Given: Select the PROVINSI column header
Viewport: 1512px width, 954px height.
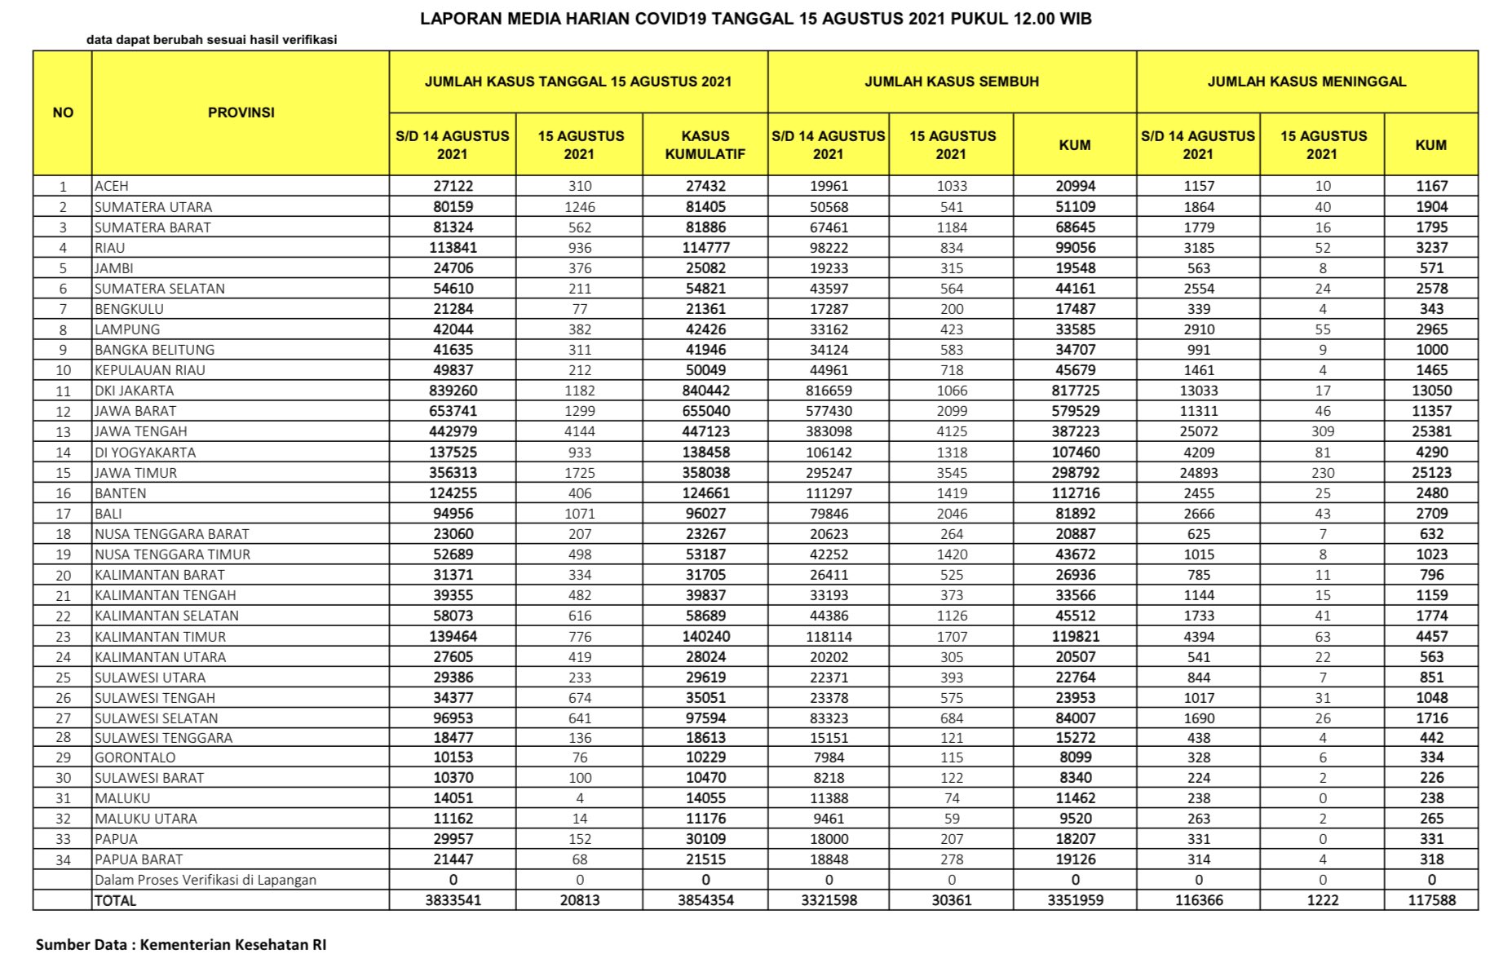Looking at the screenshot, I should tap(241, 113).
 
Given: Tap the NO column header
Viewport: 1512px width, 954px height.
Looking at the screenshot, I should tap(63, 113).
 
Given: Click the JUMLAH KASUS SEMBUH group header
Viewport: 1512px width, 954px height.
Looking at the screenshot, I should tap(951, 82).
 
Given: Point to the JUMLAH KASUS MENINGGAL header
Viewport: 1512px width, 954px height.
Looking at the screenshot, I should tap(1306, 82).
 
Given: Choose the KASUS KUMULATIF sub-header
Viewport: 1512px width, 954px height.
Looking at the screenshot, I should tap(705, 144).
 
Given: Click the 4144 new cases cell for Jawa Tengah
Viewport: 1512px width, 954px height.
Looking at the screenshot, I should tap(580, 431).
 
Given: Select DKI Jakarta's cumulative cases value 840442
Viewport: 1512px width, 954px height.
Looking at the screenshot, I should tap(706, 391).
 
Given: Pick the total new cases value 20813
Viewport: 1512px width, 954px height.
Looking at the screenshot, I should tap(580, 900).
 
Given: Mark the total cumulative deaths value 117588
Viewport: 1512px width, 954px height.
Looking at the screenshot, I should tap(1431, 900).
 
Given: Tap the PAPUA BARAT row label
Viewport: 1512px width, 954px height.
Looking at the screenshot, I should tap(139, 859).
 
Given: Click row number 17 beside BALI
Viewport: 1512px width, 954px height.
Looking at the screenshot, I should tap(63, 514).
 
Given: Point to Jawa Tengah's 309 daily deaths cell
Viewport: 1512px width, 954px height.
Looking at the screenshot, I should tap(1322, 431).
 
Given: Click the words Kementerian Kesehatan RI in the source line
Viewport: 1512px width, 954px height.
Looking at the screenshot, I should tap(233, 944).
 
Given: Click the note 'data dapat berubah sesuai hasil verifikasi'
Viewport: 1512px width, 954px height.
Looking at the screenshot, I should tap(211, 39).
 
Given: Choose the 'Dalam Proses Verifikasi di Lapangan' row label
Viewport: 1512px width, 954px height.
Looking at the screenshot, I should tap(206, 880).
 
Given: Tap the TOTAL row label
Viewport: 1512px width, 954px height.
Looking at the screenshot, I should tap(116, 900).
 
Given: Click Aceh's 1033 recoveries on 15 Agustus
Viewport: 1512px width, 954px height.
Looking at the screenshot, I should tap(952, 186).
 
